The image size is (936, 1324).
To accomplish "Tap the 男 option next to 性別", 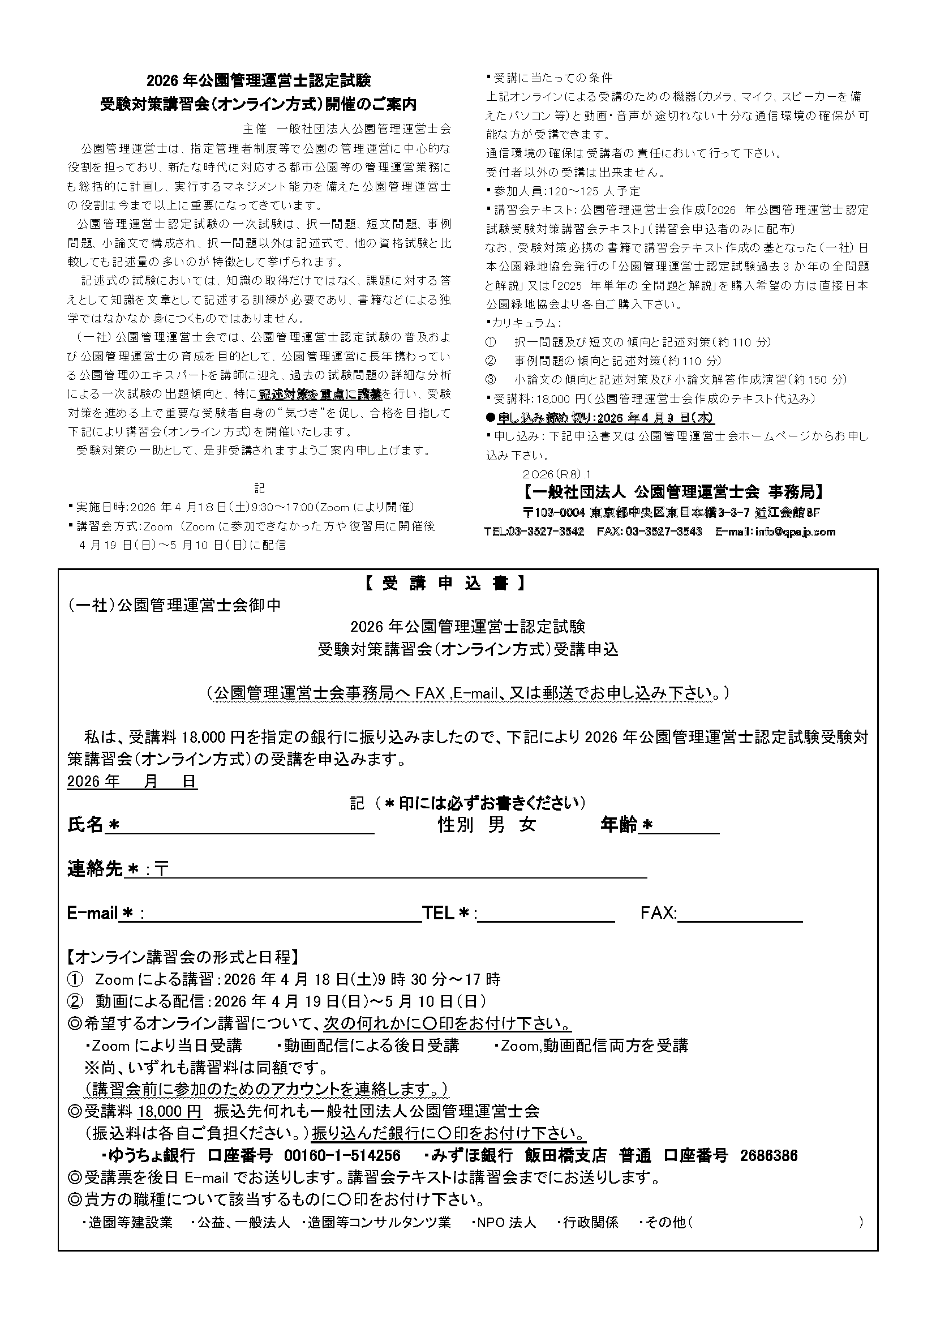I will (496, 825).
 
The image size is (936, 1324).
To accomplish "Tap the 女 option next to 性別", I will (527, 825).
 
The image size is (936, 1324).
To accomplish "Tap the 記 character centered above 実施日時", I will (259, 489).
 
